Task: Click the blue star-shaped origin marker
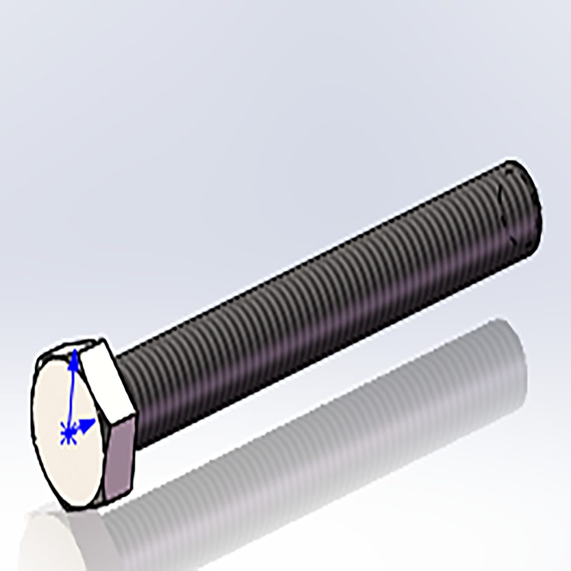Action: point(69,433)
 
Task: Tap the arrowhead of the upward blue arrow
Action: point(74,356)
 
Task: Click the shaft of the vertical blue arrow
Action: point(71,394)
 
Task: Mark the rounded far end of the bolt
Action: point(522,206)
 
